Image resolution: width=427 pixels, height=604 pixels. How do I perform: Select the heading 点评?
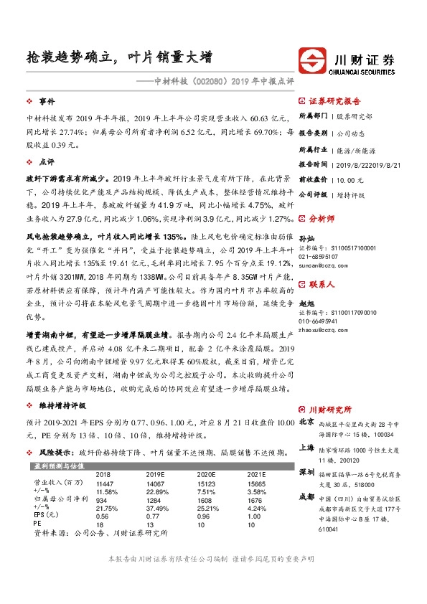pos(47,162)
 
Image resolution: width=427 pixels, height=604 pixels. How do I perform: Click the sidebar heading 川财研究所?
pos(330,409)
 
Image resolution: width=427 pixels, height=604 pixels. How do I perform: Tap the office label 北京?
pos(307,422)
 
